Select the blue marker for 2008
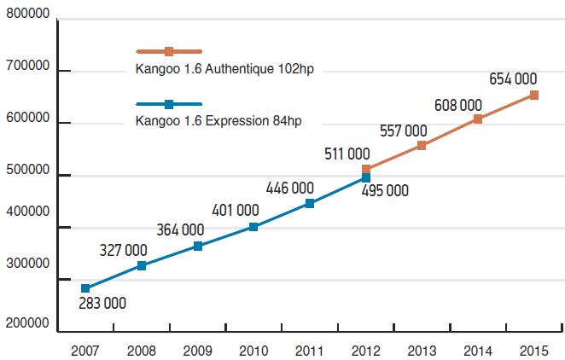pos(142,266)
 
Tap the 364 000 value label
pos(180,229)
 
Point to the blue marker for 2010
pos(253,227)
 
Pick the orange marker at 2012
pos(366,170)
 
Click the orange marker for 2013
pos(422,146)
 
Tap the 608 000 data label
pos(457,105)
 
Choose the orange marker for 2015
pos(533,96)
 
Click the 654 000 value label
pos(514,79)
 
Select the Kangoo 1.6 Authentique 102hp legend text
pos(224,69)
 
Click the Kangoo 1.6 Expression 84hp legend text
pos(218,121)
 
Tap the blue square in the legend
pos(169,104)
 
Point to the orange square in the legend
pos(169,52)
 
